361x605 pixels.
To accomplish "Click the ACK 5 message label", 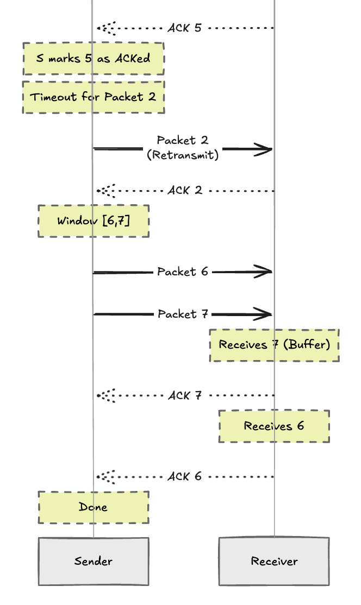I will click(x=184, y=28).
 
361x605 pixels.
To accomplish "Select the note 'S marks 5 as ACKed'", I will click(x=93, y=59).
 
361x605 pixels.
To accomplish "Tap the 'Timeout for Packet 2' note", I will click(x=93, y=97).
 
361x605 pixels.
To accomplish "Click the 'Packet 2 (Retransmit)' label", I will click(x=183, y=148).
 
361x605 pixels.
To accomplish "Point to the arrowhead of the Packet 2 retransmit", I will click(x=267, y=148).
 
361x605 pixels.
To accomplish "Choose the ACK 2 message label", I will click(x=184, y=191).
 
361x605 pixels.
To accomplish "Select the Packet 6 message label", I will click(x=183, y=272).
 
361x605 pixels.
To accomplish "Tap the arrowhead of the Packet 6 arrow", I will click(x=267, y=272).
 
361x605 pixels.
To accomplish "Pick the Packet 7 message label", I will click(x=183, y=314).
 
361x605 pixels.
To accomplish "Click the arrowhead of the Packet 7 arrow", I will click(x=267, y=314).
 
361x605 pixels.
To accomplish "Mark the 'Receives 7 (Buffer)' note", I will click(x=275, y=345).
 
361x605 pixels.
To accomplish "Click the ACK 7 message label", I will click(x=185, y=395).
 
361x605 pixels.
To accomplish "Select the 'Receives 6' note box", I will click(x=274, y=426).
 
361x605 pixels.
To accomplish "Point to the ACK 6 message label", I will click(x=184, y=476).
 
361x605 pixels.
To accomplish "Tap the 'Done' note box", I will click(x=93, y=507).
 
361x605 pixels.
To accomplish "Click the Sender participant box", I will click(x=93, y=561).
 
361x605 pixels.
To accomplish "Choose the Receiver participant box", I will click(x=274, y=561).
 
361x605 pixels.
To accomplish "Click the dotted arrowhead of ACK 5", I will click(x=103, y=28).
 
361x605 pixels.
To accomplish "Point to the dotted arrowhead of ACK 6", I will click(x=103, y=476).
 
